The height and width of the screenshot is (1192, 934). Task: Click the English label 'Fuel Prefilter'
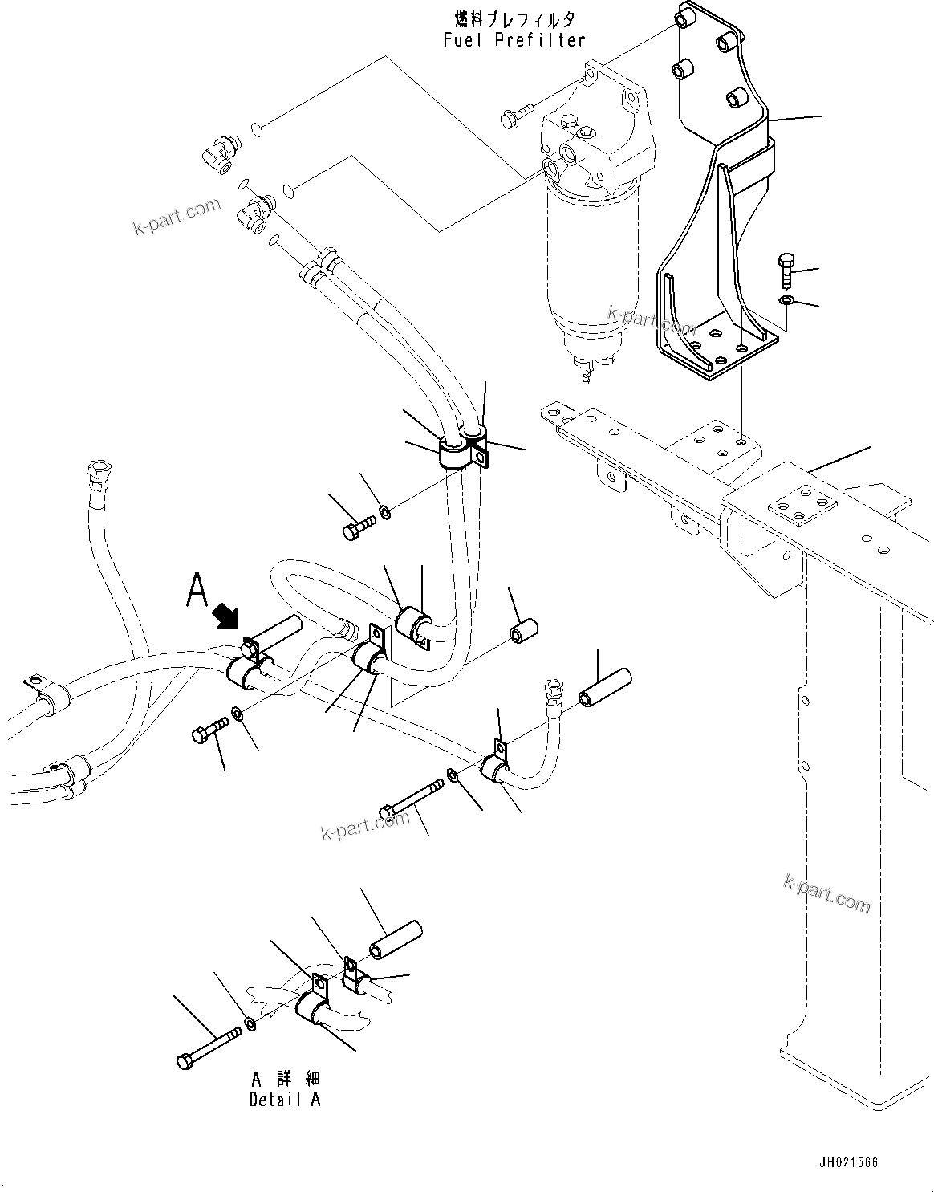point(514,39)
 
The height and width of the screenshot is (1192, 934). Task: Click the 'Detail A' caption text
point(284,1100)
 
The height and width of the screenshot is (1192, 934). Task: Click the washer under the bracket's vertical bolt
point(786,300)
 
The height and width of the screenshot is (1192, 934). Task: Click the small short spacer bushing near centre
point(522,631)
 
